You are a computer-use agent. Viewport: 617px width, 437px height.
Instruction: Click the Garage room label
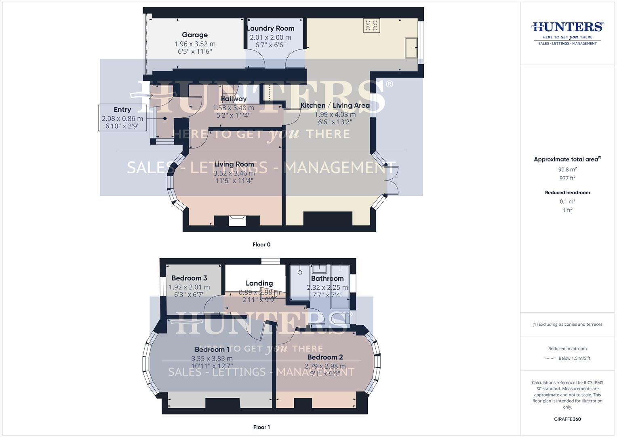tap(195, 35)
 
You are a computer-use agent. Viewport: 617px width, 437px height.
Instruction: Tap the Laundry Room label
tap(270, 28)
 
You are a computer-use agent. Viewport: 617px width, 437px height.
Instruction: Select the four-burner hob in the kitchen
tap(371, 26)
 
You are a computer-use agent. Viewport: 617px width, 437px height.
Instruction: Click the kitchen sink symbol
tap(412, 48)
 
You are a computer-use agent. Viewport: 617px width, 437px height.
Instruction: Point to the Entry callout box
tap(122, 118)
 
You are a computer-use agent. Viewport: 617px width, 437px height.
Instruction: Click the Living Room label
tap(234, 164)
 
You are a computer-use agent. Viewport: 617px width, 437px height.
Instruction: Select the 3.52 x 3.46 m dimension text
tap(234, 173)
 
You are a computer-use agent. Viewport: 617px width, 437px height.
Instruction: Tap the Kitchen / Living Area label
tap(335, 105)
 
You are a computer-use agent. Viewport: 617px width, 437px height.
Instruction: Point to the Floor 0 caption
tap(261, 244)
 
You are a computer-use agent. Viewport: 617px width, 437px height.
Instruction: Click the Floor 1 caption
tap(261, 427)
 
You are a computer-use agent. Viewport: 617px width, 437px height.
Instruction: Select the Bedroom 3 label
tap(189, 278)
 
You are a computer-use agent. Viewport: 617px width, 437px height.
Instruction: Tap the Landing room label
tap(259, 283)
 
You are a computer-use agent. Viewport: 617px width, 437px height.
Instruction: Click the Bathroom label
tap(327, 278)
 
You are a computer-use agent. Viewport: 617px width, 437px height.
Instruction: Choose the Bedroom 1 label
tap(212, 349)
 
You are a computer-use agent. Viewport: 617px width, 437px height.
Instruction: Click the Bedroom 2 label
tap(325, 357)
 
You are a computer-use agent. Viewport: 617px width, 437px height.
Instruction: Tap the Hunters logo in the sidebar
tap(567, 32)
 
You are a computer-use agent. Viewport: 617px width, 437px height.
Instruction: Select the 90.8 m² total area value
tap(567, 170)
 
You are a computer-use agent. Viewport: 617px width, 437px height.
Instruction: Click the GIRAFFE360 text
tap(567, 419)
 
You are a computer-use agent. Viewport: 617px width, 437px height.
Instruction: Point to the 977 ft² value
tap(567, 178)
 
